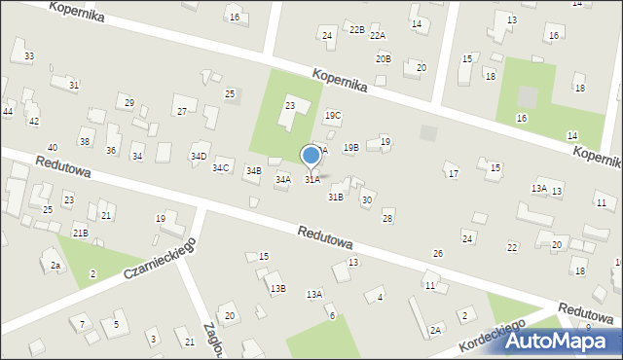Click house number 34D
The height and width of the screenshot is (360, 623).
[199, 156]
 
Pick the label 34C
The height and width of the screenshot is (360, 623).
[221, 167]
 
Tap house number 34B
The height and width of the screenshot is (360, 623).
[253, 171]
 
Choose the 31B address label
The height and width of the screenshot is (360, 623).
[335, 197]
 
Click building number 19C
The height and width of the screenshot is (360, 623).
[333, 116]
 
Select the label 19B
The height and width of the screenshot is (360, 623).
[350, 147]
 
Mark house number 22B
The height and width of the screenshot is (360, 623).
[357, 30]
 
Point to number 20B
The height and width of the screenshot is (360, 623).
[384, 59]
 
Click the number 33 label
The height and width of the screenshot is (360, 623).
[29, 56]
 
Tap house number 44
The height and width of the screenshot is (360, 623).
[7, 112]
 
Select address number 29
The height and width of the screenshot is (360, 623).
[128, 102]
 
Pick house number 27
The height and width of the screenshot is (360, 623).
[182, 112]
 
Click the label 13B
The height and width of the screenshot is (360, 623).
[278, 288]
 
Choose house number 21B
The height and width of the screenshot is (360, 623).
[81, 233]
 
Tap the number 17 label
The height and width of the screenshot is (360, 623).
[454, 173]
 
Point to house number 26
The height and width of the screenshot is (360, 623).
[438, 253]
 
